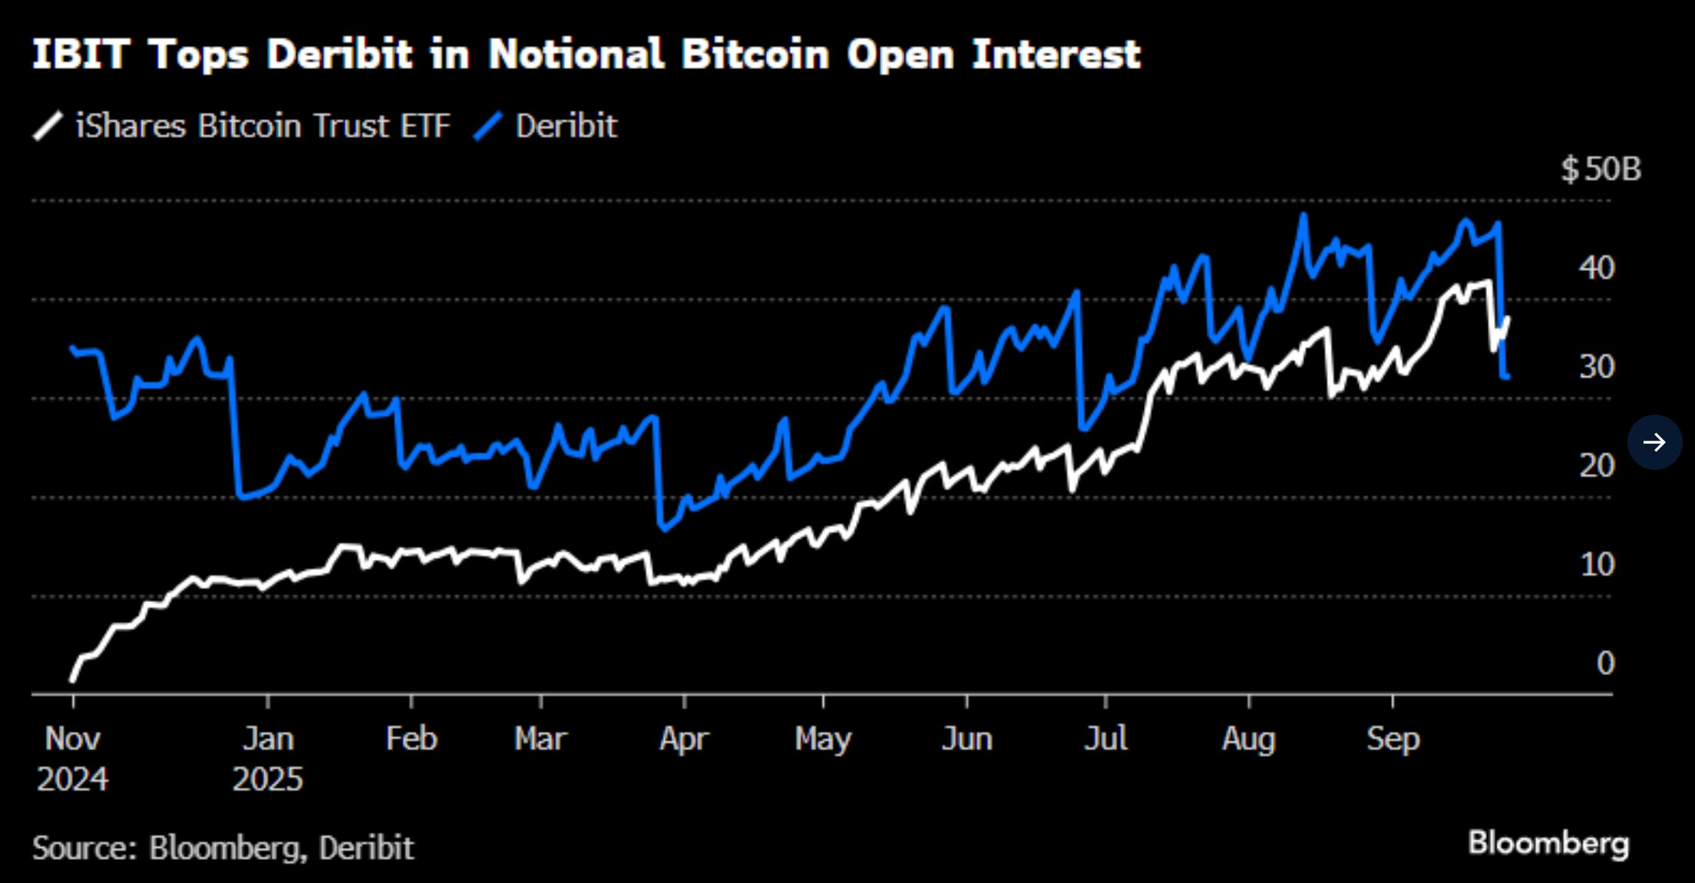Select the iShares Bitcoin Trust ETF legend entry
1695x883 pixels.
pos(243,126)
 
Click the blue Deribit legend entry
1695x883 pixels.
pos(546,126)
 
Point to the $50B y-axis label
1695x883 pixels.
pos(1600,169)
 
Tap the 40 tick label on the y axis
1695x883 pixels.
pos(1596,268)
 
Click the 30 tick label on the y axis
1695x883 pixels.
pos(1596,367)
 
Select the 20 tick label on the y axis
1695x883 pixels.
pos(1596,466)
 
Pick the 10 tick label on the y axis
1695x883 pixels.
pos(1597,565)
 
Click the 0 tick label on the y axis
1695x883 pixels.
pos(1605,663)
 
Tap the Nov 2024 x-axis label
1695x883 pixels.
pos(73,759)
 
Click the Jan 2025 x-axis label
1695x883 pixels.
pos(268,759)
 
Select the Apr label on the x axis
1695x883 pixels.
pos(684,739)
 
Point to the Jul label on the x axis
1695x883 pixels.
pos(1105,739)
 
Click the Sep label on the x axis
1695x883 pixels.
pos(1393,739)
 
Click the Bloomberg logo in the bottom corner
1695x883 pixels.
pos(1548,843)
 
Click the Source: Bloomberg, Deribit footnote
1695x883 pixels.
pos(223,848)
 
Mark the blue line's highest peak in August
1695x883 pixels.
pos(1303,217)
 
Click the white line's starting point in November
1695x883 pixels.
pos(72,680)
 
